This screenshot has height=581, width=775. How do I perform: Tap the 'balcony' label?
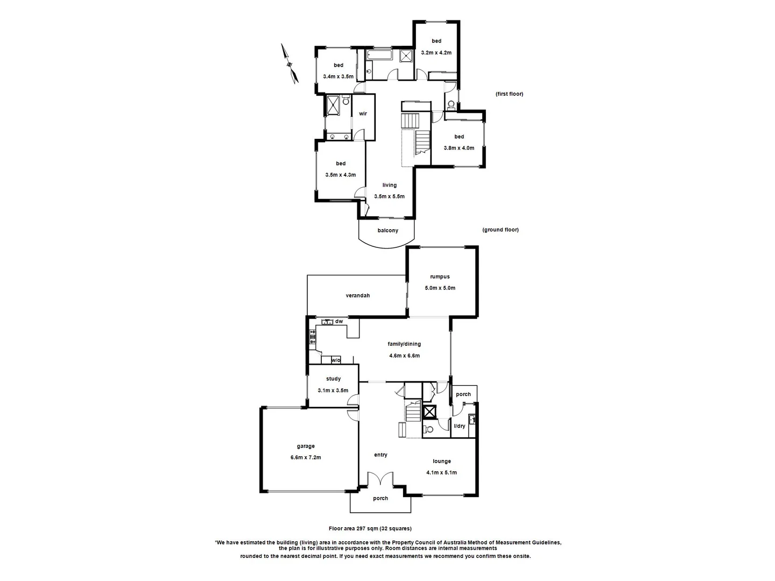pyautogui.click(x=387, y=231)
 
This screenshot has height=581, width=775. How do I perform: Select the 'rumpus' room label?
pyautogui.click(x=440, y=277)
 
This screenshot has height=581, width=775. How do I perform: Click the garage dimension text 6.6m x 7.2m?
pyautogui.click(x=305, y=458)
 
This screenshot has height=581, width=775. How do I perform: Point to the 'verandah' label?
pyautogui.click(x=357, y=295)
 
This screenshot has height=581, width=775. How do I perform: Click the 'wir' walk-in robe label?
pyautogui.click(x=363, y=114)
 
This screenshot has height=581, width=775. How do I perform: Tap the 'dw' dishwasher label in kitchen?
pyautogui.click(x=339, y=322)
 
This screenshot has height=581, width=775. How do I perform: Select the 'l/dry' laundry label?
pyautogui.click(x=460, y=426)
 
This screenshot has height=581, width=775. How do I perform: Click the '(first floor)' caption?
pyautogui.click(x=509, y=94)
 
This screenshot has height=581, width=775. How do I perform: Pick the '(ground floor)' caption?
pyautogui.click(x=500, y=230)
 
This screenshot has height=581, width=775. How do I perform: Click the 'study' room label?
pyautogui.click(x=333, y=379)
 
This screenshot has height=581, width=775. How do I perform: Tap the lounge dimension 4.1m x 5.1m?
pyautogui.click(x=441, y=473)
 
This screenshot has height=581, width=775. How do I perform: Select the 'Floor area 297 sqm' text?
pyautogui.click(x=370, y=529)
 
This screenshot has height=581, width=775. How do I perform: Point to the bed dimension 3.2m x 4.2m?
pyautogui.click(x=436, y=53)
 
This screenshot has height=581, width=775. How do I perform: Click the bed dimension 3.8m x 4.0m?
pyautogui.click(x=459, y=148)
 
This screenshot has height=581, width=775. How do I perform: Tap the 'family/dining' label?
pyautogui.click(x=404, y=344)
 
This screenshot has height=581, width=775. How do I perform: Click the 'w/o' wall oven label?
pyautogui.click(x=335, y=360)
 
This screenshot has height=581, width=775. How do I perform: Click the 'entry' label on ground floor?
pyautogui.click(x=381, y=455)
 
